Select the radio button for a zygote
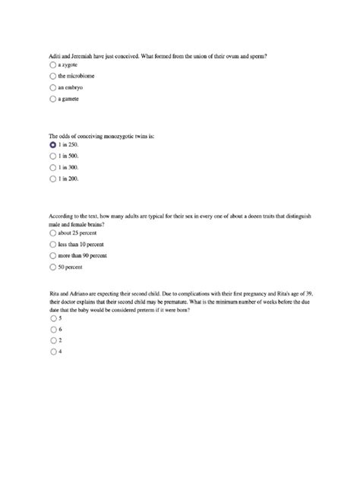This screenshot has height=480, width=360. coord(52,65)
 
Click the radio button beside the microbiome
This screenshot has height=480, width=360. coord(52,77)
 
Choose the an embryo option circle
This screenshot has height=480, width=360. coord(52,87)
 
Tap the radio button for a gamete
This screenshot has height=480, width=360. coord(52,99)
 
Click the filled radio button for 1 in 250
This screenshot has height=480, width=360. coord(52,144)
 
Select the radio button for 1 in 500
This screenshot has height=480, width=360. coord(52,156)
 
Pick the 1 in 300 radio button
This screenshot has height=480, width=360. coord(52,167)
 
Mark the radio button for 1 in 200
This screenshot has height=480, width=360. coord(52,178)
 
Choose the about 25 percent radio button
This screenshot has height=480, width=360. coord(52,234)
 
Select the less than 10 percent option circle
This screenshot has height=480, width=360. coord(52,245)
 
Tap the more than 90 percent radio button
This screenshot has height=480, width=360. coord(52,256)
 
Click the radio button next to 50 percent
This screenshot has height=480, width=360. coord(52,267)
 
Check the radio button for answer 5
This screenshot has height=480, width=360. coord(52,319)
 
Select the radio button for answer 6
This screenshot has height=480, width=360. coord(52,330)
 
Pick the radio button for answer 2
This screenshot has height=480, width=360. coord(52,341)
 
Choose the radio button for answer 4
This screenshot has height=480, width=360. coord(52,352)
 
